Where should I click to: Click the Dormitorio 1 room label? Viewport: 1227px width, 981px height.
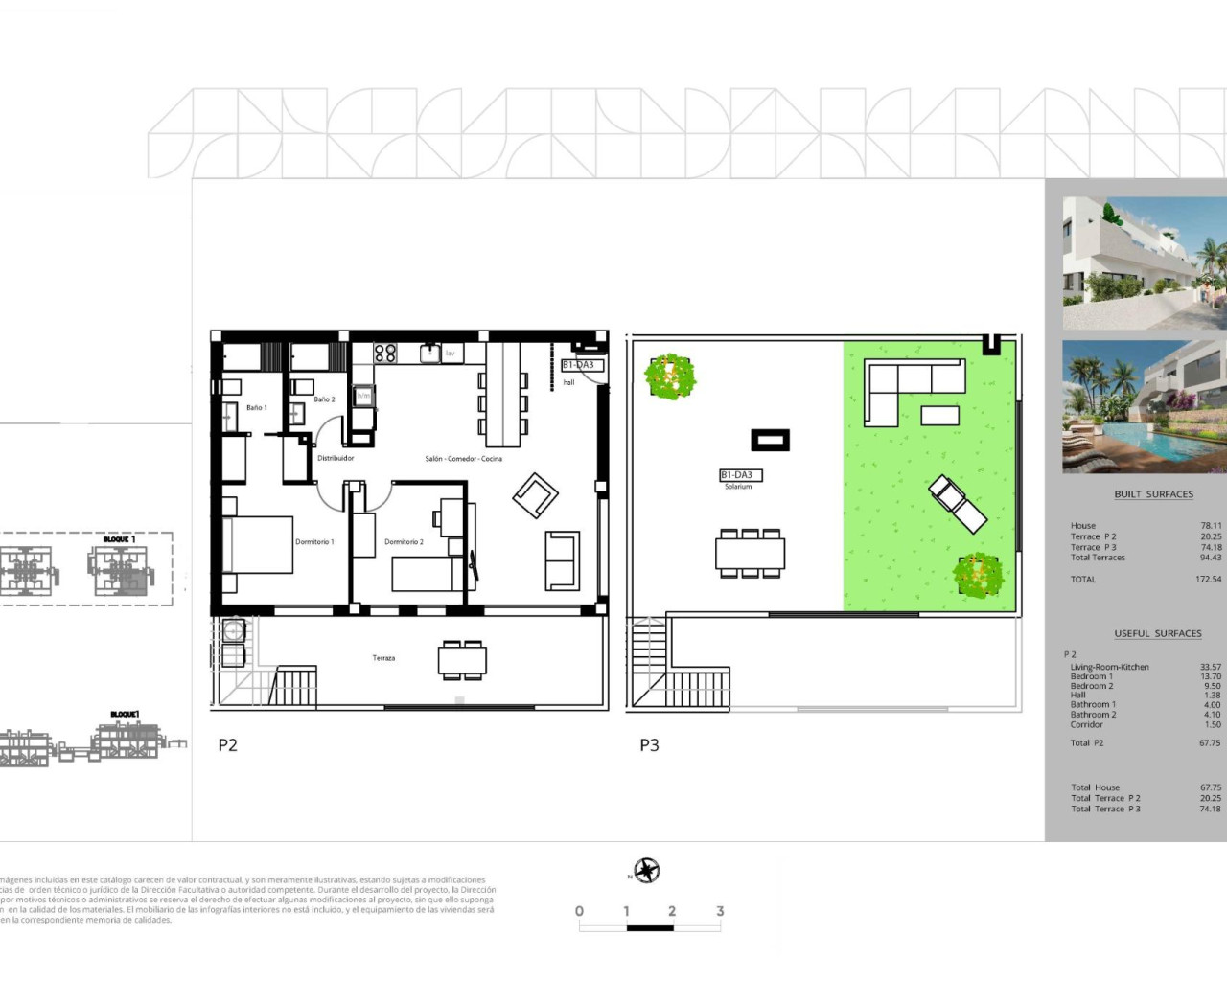(314, 542)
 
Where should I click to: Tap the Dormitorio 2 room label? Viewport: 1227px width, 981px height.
(404, 542)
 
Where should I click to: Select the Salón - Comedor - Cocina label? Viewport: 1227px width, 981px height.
(463, 459)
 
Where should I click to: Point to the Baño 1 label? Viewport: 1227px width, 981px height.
(256, 408)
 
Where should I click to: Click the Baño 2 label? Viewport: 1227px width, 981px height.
(324, 399)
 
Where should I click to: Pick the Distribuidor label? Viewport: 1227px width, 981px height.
(336, 459)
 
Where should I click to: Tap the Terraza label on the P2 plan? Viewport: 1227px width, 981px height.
(383, 658)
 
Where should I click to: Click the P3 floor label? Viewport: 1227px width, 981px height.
(649, 745)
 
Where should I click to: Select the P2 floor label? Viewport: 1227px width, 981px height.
(227, 745)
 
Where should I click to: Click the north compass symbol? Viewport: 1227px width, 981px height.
(647, 871)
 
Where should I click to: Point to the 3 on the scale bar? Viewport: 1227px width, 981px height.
(719, 911)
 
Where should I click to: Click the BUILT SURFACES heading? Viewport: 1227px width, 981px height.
(1153, 494)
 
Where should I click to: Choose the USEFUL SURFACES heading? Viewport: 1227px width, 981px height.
(1157, 633)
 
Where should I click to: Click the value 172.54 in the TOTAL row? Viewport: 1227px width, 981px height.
(1209, 580)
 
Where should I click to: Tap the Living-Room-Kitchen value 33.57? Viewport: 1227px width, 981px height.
(1210, 667)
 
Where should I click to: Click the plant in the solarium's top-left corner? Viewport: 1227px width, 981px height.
(670, 376)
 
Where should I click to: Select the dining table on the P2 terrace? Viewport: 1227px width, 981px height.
(462, 660)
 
